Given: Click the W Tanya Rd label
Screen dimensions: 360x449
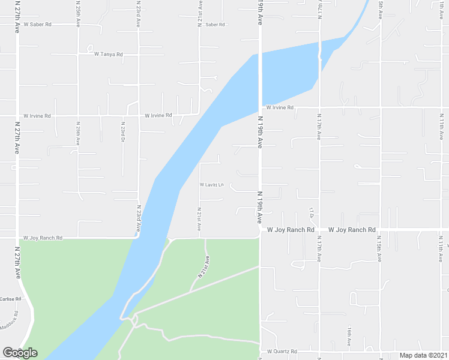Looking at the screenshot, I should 109,54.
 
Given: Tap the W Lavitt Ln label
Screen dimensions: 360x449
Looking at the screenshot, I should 211,184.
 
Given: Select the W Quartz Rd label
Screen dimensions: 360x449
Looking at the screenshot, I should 282,350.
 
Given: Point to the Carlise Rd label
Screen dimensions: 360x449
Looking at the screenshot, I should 11,298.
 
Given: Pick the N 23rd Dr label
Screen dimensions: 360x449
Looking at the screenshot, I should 122,128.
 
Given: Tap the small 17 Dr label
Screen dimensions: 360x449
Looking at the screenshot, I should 312,212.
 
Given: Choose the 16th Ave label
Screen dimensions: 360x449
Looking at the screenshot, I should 349,336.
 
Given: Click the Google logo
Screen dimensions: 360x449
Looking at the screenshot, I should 20,352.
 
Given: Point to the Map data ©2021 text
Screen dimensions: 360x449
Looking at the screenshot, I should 423,355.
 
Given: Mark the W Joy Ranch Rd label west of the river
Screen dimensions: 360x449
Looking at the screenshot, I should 43,238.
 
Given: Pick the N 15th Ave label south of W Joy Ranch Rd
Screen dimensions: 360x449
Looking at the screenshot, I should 379,250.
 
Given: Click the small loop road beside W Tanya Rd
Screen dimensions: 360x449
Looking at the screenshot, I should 89,48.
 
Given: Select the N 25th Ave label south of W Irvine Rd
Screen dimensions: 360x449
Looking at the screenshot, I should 78,132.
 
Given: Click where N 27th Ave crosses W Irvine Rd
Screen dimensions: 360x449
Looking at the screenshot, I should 17,115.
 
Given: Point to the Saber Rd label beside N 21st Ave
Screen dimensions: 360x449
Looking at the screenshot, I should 214,25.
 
